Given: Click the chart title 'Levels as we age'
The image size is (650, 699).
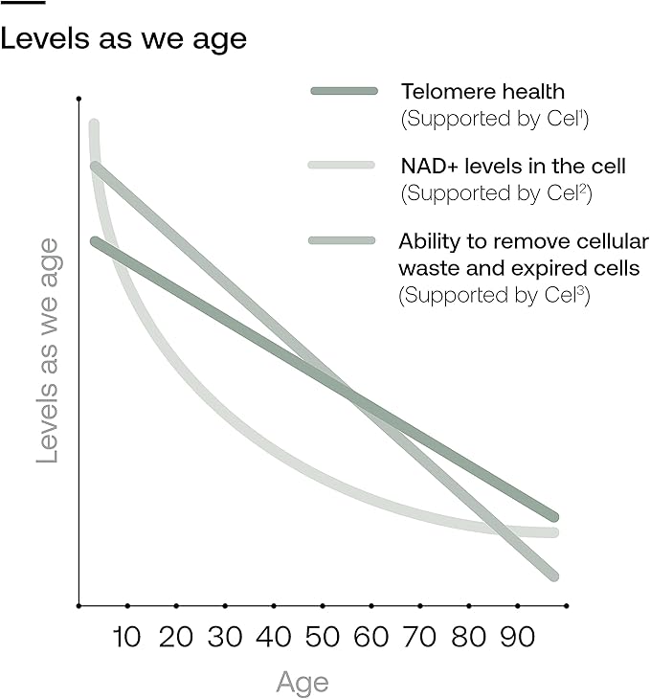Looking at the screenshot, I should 123,39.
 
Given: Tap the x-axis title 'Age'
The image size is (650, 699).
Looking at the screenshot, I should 303,683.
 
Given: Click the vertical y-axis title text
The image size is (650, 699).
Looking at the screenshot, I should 49,350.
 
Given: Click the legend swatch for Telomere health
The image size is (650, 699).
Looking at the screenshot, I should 345,91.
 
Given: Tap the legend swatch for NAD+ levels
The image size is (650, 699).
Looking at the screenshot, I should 341,166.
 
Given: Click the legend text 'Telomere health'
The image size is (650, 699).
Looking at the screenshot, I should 482,92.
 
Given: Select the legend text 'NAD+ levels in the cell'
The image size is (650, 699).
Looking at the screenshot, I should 512,167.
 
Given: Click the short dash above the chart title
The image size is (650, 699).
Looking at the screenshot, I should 23,3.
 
